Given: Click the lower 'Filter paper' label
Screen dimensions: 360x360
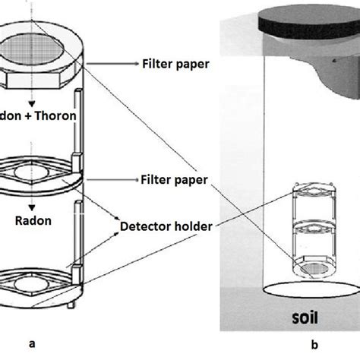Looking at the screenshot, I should click(175, 180).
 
